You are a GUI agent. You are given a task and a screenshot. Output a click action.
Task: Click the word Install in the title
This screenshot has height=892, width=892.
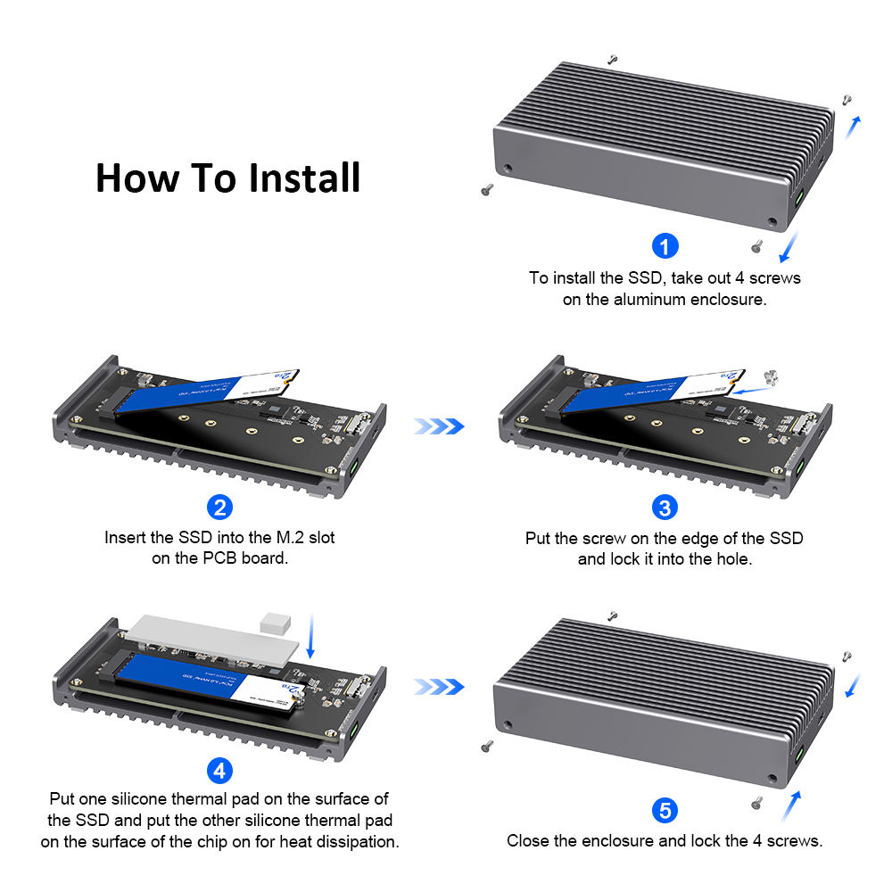click(x=304, y=178)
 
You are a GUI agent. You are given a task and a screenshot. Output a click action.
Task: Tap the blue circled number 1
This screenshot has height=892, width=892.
click(x=665, y=246)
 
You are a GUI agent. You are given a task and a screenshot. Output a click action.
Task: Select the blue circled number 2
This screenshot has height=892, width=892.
click(x=219, y=507)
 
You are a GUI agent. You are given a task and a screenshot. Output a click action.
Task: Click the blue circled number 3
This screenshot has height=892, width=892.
click(x=665, y=508)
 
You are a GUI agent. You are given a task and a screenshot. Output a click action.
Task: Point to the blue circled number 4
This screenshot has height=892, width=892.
click(x=219, y=771)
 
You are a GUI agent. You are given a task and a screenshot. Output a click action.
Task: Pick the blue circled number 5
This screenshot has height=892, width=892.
click(x=665, y=810)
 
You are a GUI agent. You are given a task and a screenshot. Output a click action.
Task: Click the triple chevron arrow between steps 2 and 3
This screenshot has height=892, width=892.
click(x=439, y=426)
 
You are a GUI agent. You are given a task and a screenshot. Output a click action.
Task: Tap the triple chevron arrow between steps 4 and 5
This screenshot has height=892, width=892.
click(x=439, y=687)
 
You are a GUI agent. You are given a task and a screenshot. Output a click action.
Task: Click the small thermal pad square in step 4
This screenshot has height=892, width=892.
click(x=276, y=623)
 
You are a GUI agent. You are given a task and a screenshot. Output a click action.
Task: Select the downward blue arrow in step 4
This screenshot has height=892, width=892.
click(x=310, y=636)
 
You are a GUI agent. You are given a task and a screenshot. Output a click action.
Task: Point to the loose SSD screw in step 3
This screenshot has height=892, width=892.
click(x=771, y=376)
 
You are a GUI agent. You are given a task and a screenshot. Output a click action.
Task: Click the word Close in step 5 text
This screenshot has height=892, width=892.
click(x=524, y=841)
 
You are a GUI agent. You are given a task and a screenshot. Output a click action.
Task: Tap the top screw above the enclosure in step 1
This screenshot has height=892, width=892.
click(x=613, y=59)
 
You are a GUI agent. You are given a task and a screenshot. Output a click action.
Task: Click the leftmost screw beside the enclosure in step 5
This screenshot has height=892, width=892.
click(x=487, y=746)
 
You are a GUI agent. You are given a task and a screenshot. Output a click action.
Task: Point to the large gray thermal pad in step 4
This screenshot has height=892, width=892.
click(x=213, y=640)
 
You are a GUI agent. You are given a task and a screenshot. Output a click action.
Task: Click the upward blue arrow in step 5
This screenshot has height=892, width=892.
click(x=792, y=805)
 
